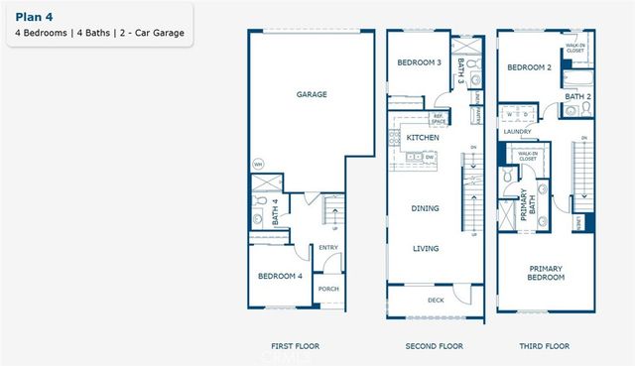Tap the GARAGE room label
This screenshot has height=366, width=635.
click(x=312, y=95)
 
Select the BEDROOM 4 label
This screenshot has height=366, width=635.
click(x=280, y=276)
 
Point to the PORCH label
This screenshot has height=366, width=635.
click(x=327, y=290)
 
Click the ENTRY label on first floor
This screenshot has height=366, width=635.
click(x=328, y=248)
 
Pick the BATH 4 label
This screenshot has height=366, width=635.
click(x=275, y=214)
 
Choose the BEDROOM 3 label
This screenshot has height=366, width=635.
click(x=419, y=62)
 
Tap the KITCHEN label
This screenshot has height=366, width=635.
click(x=423, y=139)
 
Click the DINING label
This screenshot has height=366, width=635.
click(x=425, y=208)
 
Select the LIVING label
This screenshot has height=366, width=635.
click(x=425, y=248)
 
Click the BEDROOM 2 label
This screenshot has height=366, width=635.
click(x=529, y=67)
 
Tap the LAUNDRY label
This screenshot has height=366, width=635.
click(x=517, y=131)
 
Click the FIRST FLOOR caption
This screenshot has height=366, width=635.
click(x=295, y=346)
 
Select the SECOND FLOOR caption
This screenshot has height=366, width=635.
click(x=435, y=346)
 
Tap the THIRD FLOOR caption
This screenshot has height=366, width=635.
click(x=546, y=346)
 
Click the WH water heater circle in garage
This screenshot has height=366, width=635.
click(x=258, y=164)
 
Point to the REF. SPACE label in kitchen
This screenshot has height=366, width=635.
click(x=438, y=120)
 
